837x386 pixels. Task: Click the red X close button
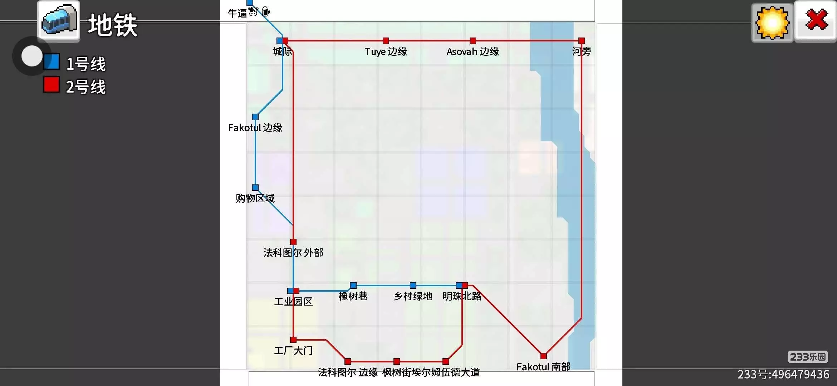816,21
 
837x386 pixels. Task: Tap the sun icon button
772,22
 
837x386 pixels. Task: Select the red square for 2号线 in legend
51,85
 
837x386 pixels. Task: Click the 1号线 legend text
86,64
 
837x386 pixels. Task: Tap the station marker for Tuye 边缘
386,41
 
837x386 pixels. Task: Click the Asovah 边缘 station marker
473,41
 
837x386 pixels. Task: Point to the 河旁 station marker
581,41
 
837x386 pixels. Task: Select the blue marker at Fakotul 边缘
255,117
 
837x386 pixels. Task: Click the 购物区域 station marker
255,188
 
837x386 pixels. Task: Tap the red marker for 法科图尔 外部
293,242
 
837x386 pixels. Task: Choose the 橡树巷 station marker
353,285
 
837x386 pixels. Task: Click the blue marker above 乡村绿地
413,285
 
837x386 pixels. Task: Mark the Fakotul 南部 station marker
543,356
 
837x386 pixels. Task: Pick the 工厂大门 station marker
293,340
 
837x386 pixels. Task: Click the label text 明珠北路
462,296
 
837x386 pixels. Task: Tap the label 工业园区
293,302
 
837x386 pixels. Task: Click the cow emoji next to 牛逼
253,11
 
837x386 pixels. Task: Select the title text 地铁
113,25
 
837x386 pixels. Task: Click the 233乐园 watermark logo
808,357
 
